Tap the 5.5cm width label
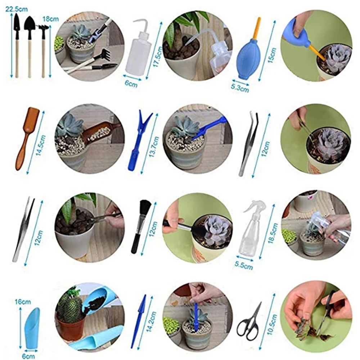point(244,266)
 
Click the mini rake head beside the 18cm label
point(44,27)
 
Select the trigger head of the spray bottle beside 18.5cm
point(256,208)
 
